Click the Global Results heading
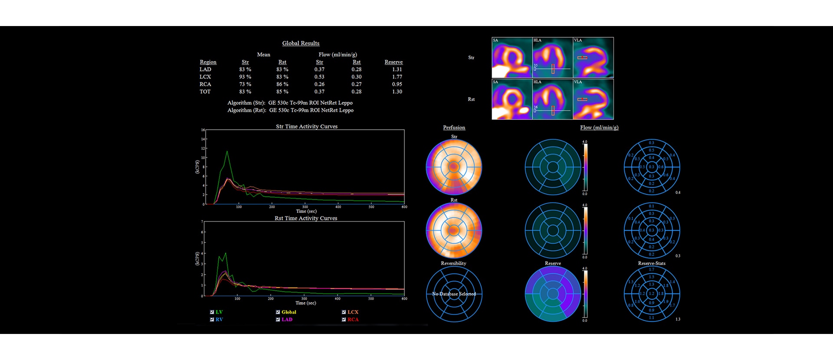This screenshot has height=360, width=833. pyautogui.click(x=301, y=43)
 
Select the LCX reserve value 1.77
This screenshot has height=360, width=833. pyautogui.click(x=397, y=77)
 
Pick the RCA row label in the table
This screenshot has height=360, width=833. pyautogui.click(x=205, y=84)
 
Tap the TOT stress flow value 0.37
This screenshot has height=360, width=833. pyautogui.click(x=319, y=92)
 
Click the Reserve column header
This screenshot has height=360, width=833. pyautogui.click(x=394, y=62)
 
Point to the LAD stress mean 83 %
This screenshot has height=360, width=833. pyautogui.click(x=245, y=69)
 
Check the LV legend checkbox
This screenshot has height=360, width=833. pyautogui.click(x=212, y=312)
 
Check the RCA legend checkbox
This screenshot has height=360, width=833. pyautogui.click(x=344, y=320)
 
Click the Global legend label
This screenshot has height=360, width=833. pyautogui.click(x=289, y=312)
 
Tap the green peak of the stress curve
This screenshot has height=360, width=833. pyautogui.click(x=227, y=152)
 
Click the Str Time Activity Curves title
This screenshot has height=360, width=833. pyautogui.click(x=307, y=127)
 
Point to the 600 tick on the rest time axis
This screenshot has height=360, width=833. pyautogui.click(x=404, y=299)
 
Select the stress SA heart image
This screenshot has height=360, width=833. pyautogui.click(x=512, y=58)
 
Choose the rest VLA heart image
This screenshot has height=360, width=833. pyautogui.click(x=593, y=99)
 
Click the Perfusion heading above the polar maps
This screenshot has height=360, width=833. pyautogui.click(x=454, y=128)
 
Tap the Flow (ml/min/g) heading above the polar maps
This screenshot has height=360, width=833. pyautogui.click(x=599, y=128)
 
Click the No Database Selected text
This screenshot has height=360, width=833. pyautogui.click(x=454, y=294)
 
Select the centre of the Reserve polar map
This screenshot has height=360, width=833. pyautogui.click(x=553, y=294)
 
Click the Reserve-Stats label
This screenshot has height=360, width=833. pyautogui.click(x=652, y=263)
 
